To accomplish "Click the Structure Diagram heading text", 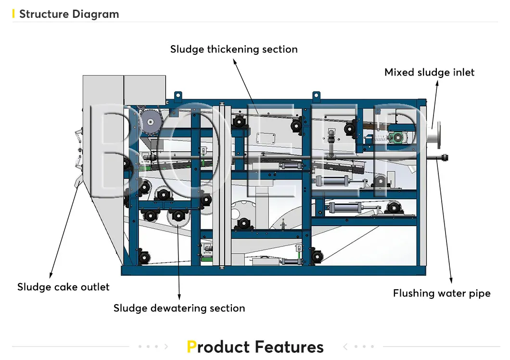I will tap(69, 14).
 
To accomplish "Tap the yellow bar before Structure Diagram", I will tap(13, 14).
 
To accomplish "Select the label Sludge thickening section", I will tap(234, 49).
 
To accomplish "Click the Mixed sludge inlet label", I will tap(429, 73).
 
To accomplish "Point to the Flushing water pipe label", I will tap(442, 294).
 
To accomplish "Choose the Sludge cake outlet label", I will tap(64, 287).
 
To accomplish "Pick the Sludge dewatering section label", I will tap(179, 309).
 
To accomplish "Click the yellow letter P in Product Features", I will tap(191, 347).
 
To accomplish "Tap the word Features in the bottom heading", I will tap(289, 347).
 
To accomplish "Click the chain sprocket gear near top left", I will tap(150, 121).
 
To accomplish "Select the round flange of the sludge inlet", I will tap(439, 135).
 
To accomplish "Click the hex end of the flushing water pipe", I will tap(445, 157).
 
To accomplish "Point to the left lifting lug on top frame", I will tap(178, 96).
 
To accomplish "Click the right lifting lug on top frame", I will tap(316, 96).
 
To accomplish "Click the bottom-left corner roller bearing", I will tap(142, 257).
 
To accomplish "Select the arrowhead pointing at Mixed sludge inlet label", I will tap(437, 83).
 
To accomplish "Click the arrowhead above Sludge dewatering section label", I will tap(179, 297).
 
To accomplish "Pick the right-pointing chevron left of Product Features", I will tap(166, 347).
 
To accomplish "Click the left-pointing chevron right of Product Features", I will tap(345, 347).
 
